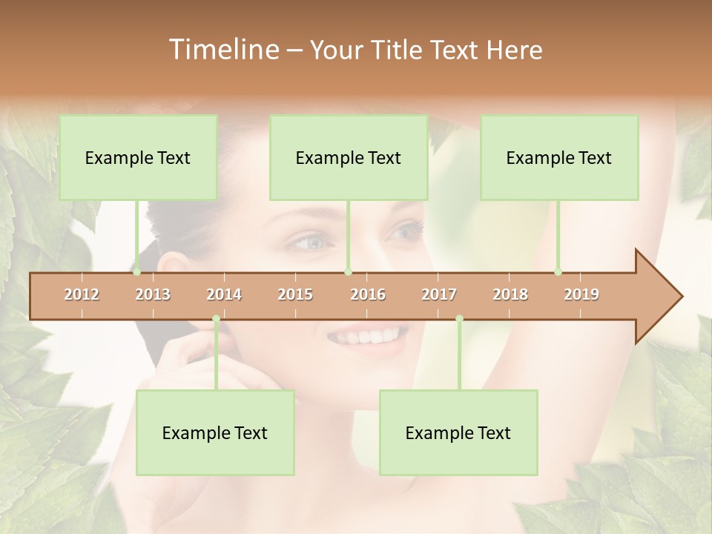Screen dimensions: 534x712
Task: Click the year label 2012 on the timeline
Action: pos(82,294)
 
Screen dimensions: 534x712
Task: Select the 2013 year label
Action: pos(153,294)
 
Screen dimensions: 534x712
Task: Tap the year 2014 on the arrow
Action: pos(224,294)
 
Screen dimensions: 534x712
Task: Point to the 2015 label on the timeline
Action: pos(295,294)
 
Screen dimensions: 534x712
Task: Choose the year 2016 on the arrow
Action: pos(368,294)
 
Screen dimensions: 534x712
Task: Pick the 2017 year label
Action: pos(439,294)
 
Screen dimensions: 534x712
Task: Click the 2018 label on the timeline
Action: pos(510,294)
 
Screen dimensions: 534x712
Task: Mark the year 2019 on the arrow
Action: pos(581,294)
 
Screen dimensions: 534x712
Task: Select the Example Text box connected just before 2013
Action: pos(138,157)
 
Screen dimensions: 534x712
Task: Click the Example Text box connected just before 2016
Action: pos(349,157)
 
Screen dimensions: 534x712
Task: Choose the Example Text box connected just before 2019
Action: pos(559,157)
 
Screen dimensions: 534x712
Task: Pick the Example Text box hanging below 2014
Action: pos(215,432)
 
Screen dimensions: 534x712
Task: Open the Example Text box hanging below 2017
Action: pos(458,432)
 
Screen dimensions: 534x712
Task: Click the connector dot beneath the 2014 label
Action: pos(216,319)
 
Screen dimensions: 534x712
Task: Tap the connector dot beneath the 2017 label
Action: pos(459,319)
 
